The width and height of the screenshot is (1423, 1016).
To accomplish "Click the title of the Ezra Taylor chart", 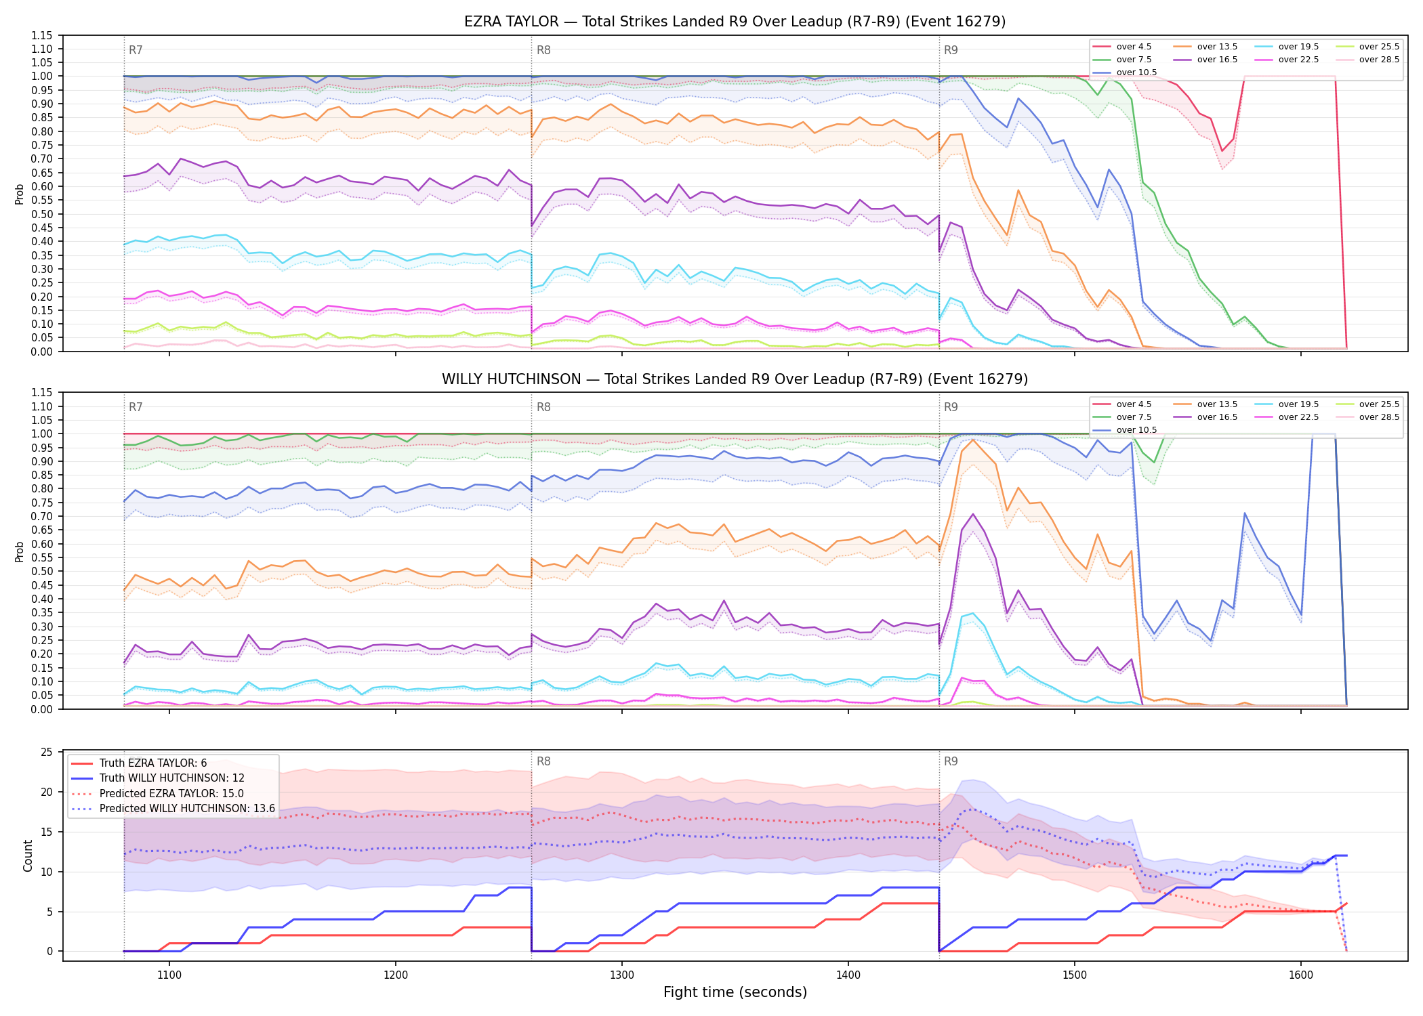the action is coord(735,22).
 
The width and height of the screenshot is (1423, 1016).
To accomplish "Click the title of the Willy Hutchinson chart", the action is coord(735,379).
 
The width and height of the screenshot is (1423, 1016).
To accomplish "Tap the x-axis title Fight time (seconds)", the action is coord(735,992).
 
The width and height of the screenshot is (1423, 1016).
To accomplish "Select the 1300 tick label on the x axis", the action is coord(622,975).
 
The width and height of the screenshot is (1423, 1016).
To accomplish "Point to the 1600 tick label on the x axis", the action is coord(1301,975).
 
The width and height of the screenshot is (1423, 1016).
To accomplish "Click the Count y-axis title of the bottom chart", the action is coord(28,855).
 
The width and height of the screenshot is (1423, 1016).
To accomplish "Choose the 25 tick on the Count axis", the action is coord(47,752).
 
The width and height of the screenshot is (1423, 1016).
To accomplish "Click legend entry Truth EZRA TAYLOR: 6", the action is coord(153,763).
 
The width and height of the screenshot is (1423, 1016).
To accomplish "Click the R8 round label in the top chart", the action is coord(543,50).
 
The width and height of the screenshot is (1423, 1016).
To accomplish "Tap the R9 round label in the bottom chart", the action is coord(951,761).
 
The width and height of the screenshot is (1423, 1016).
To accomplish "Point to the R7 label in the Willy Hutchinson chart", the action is coord(136,407).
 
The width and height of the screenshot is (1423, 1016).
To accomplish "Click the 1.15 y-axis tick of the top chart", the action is coord(42,35).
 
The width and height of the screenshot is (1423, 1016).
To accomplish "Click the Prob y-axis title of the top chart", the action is coord(19,194).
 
